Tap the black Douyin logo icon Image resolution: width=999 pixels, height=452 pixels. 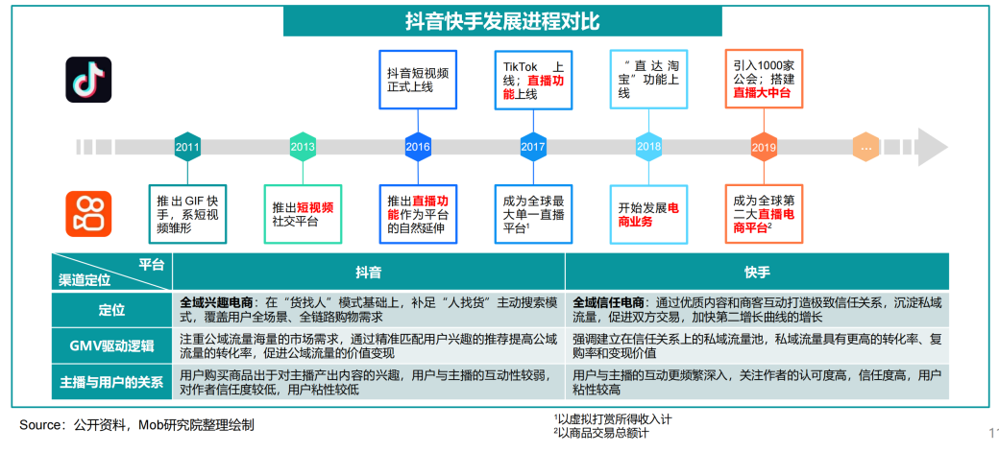click(88, 80)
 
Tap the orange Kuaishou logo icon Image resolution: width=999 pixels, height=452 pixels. click(88, 213)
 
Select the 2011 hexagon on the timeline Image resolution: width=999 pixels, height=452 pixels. click(187, 147)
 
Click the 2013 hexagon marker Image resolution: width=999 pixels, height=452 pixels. click(303, 147)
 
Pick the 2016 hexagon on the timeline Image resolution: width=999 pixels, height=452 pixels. click(418, 147)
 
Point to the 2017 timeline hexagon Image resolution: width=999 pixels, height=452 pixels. click(533, 147)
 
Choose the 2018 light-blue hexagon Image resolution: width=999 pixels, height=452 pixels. click(648, 147)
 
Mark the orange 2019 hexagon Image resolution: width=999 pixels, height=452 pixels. click(764, 147)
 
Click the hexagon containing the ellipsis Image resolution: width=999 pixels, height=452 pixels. click(866, 147)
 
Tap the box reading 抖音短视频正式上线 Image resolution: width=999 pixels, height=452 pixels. click(418, 79)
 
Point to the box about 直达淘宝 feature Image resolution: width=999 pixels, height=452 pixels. click(648, 79)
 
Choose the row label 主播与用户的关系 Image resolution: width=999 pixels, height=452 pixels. click(112, 382)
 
